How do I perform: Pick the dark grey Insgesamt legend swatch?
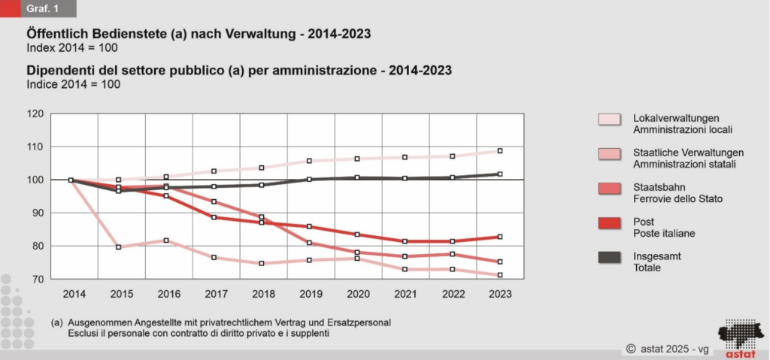[608, 258]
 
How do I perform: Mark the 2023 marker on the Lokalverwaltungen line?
[500, 151]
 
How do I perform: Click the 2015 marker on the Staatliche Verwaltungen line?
[118, 247]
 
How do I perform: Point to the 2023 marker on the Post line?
[500, 237]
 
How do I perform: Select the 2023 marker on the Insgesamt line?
[500, 174]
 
